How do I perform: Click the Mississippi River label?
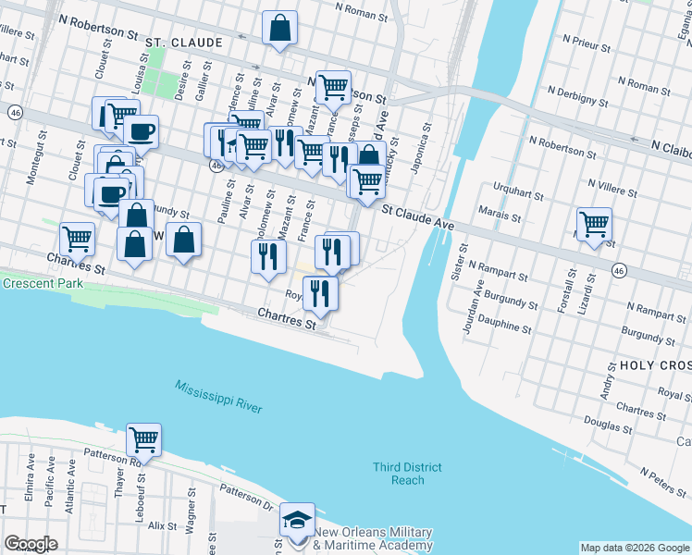[218, 396]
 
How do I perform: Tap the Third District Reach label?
[407, 474]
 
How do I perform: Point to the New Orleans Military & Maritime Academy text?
[373, 538]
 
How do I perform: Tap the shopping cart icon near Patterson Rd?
[143, 438]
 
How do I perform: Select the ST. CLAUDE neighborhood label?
[183, 43]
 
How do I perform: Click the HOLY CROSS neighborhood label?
[655, 365]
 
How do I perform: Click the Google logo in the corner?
[31, 544]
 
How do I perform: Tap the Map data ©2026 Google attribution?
[634, 548]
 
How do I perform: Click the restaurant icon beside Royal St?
[320, 293]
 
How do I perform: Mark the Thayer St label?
[118, 481]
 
